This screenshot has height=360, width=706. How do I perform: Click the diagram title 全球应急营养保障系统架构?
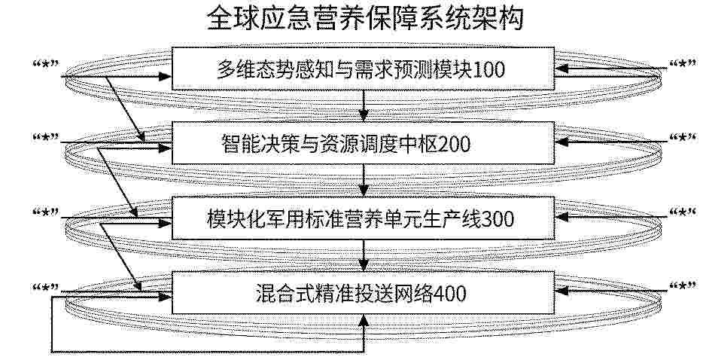click(365, 19)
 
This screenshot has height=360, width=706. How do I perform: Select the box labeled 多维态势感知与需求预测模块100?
click(363, 68)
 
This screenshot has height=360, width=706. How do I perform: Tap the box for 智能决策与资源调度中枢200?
click(363, 142)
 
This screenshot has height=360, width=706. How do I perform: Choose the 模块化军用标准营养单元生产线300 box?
click(363, 218)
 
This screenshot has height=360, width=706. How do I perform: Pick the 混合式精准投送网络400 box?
click(363, 293)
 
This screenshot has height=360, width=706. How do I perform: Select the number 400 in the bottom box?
click(449, 294)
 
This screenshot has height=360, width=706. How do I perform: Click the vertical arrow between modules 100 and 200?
click(364, 105)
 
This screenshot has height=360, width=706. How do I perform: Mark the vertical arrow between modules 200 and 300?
click(364, 180)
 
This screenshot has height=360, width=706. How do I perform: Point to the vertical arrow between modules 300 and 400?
click(364, 255)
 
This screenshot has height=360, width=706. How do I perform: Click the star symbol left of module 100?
click(47, 66)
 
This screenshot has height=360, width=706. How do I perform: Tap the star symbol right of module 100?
click(682, 65)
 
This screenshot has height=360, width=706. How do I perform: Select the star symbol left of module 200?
click(47, 137)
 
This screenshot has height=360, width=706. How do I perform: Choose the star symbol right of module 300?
click(682, 212)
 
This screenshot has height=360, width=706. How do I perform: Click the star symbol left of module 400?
click(47, 287)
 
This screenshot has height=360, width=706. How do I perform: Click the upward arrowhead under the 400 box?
click(364, 320)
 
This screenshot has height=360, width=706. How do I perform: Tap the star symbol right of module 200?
click(682, 137)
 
